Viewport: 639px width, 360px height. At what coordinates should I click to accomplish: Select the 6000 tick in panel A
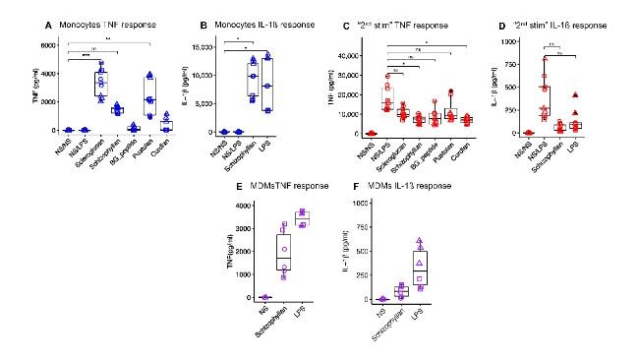pyautogui.click(x=29, y=45)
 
